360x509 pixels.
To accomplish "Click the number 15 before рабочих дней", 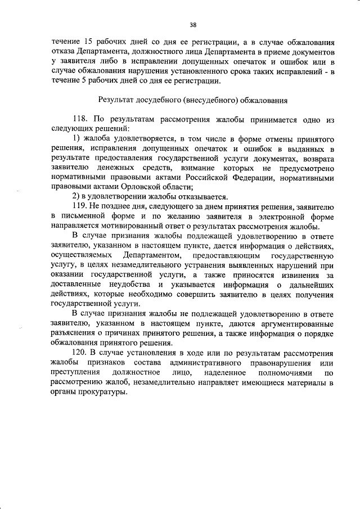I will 89,42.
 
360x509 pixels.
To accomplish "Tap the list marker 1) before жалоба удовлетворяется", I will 78,138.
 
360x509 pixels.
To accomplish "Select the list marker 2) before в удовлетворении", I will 78,197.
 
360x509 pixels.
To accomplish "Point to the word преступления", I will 75,372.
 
